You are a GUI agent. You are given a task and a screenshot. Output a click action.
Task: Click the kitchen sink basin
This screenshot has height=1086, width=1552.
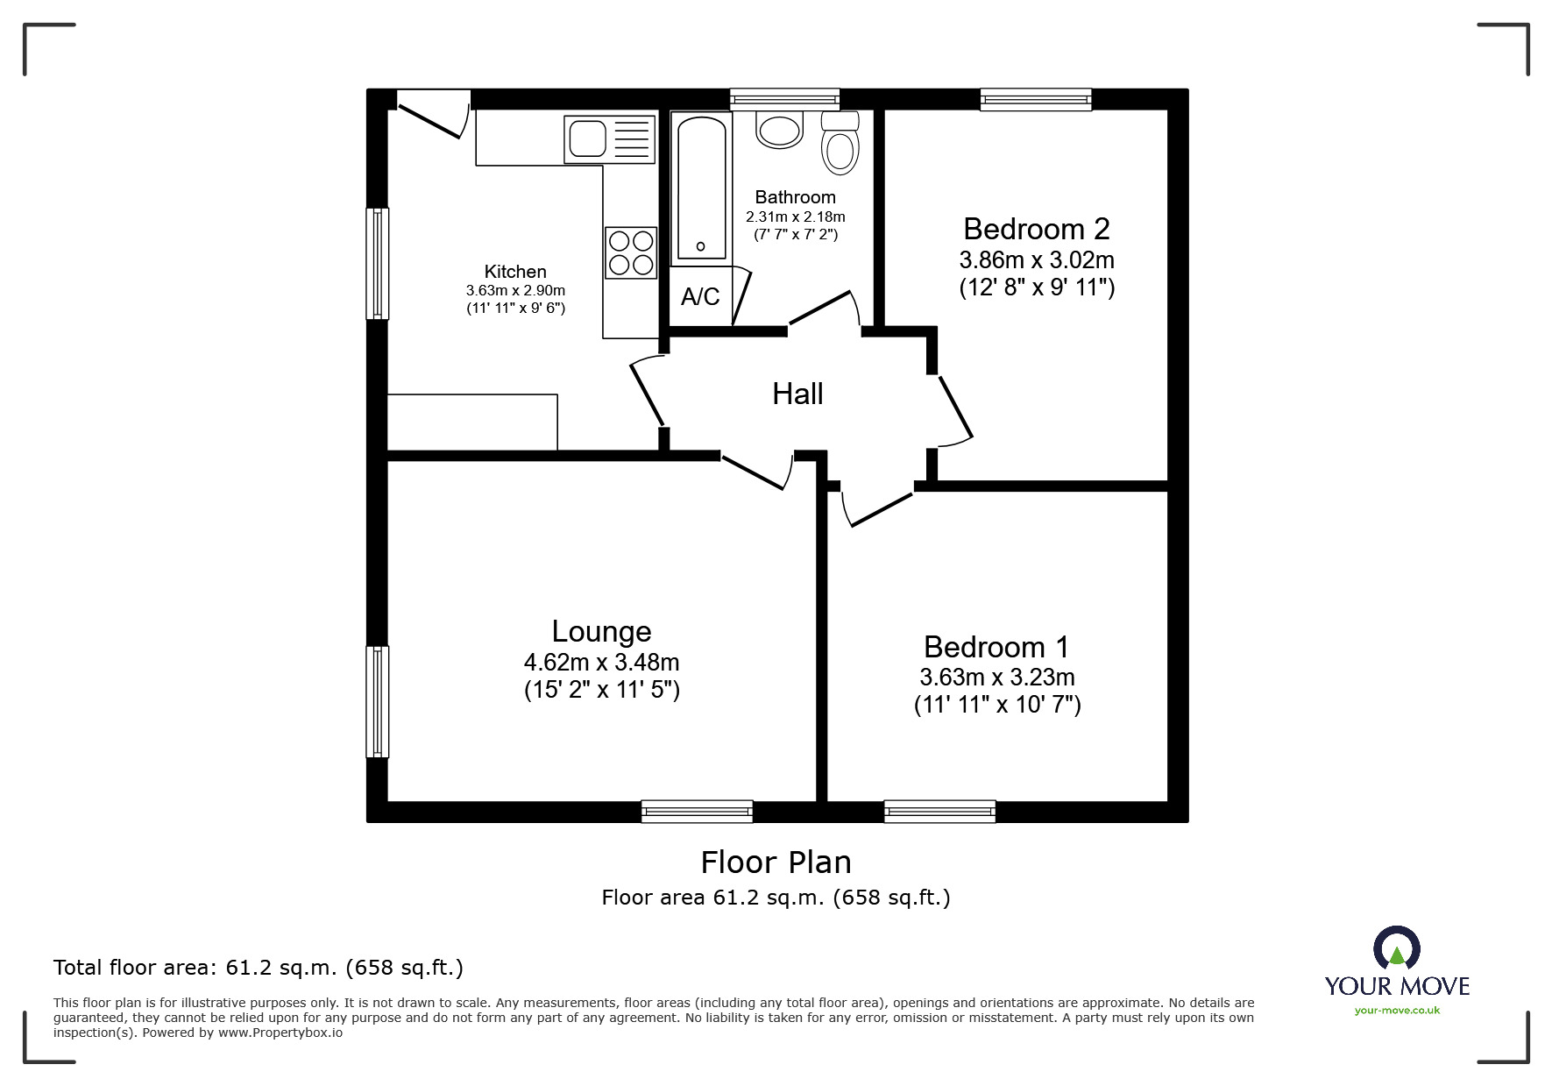[587, 138]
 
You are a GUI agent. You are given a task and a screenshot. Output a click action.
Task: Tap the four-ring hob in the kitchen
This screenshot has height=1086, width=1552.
[631, 252]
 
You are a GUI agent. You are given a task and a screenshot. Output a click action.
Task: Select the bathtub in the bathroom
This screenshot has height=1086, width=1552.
[701, 188]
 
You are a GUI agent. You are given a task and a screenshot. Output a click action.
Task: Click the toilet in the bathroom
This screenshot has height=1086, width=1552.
[840, 147]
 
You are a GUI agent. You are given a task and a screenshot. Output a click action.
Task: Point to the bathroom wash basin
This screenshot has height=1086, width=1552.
[779, 130]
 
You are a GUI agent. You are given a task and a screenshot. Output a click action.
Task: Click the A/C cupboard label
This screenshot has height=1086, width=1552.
[700, 297]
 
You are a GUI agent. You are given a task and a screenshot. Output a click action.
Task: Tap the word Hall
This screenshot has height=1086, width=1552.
[797, 394]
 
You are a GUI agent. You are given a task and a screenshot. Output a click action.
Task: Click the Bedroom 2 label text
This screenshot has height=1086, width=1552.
[1036, 229]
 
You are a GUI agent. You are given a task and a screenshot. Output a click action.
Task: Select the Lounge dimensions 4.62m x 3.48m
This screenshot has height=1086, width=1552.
[601, 663]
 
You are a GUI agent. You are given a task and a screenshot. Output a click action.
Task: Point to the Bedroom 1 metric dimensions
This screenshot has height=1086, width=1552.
[996, 678]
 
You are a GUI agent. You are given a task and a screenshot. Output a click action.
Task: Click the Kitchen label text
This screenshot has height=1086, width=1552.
[515, 272]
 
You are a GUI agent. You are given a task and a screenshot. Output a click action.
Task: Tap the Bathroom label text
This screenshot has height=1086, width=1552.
[795, 197]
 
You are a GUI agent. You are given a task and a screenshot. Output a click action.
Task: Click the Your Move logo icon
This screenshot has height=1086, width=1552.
[1396, 949]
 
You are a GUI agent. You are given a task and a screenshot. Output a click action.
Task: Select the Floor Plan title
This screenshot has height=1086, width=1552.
[776, 862]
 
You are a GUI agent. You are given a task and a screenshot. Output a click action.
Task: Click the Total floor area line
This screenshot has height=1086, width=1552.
[258, 968]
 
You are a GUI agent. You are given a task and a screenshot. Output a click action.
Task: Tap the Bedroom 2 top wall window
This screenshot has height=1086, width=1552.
[1036, 99]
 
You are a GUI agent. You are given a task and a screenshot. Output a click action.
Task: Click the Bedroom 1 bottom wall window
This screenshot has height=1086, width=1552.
[939, 812]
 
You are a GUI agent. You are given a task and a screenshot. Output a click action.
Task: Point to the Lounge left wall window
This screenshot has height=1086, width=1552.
[377, 701]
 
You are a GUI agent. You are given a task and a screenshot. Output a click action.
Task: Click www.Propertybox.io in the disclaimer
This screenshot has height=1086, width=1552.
[280, 1033]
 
